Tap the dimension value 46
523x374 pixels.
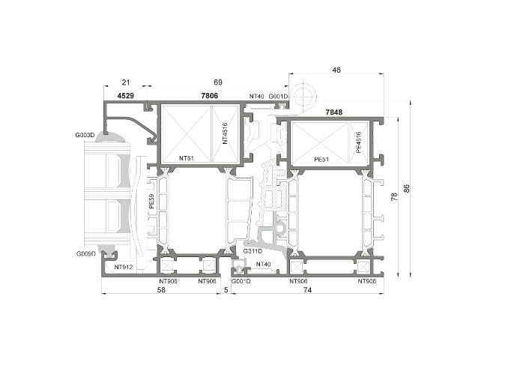pos(336,70)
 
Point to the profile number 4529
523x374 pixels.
pos(125,96)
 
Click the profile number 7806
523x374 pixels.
pos(210,96)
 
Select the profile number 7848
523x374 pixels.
pos(334,112)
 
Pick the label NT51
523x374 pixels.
pos(187,158)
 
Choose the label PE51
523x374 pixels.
pos(321,160)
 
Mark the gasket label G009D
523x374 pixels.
pos(85,254)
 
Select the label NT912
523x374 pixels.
pos(123,266)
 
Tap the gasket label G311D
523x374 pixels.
pos(253,251)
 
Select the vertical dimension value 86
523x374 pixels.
pos(407,188)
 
